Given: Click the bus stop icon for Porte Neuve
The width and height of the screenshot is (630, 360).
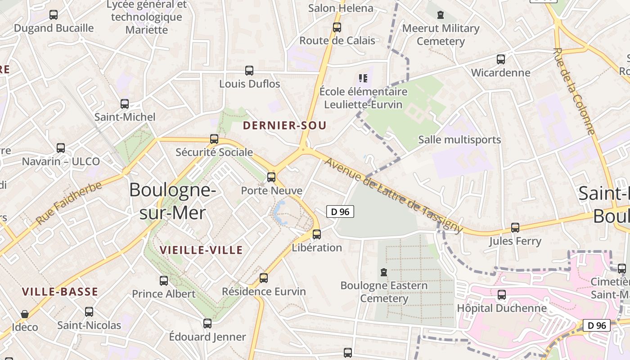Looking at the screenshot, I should tap(271, 177).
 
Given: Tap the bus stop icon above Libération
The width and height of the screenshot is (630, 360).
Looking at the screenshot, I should tap(317, 234).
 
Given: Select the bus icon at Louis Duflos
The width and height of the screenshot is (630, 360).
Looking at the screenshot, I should tap(249, 71).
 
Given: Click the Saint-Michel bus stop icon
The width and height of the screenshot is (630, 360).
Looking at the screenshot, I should tap(125, 104).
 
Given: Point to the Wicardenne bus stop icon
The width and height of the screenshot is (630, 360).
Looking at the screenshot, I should tap(501, 59).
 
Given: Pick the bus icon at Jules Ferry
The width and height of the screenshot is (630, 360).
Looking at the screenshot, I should tap(515, 228).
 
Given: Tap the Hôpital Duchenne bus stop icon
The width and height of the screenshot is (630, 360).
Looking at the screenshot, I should tap(502, 295).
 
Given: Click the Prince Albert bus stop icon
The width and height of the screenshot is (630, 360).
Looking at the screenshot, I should tap(164, 281).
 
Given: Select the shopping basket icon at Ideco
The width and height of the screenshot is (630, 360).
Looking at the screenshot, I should tap(25, 314).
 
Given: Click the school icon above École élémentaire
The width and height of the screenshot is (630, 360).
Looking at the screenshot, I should tap(363, 79).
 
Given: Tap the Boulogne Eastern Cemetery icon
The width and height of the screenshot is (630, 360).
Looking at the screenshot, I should tap(384, 272).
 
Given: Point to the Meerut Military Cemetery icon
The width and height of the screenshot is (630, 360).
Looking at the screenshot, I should tap(441, 15).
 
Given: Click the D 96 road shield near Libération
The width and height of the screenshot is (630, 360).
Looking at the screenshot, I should tap(340, 211).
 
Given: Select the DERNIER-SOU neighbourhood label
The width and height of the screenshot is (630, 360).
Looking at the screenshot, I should tap(284, 126).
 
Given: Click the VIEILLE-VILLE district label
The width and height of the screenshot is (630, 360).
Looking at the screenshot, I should tap(201, 250).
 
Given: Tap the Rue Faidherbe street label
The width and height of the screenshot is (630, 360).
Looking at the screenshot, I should tap(69, 199).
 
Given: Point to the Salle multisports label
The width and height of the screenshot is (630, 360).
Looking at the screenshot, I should tap(459, 139).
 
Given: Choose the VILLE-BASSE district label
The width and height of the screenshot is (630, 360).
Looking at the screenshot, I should tap(60, 292).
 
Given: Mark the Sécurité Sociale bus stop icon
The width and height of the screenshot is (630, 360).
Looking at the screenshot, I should tap(214, 139).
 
